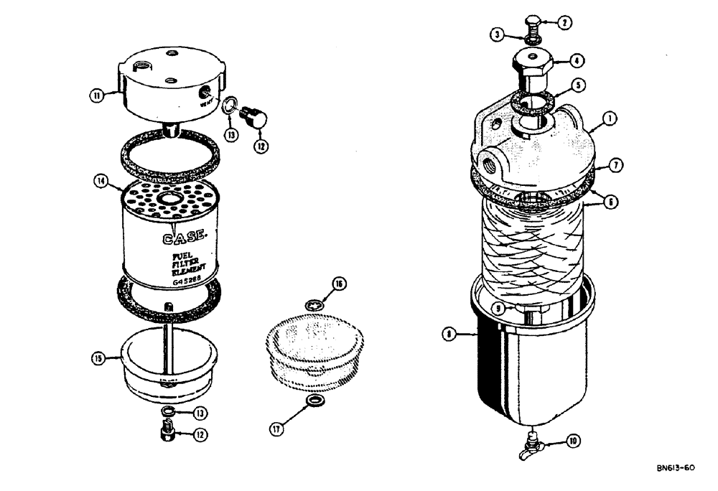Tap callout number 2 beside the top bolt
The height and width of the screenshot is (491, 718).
click(565, 22)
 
